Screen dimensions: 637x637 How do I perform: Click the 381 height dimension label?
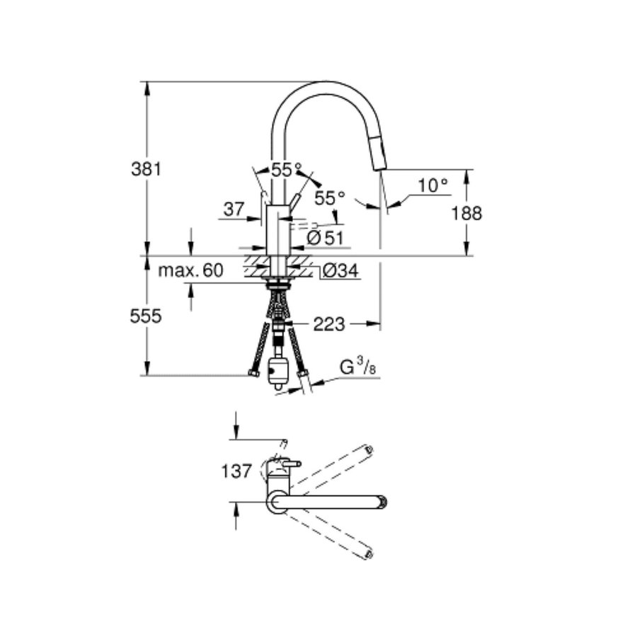147,169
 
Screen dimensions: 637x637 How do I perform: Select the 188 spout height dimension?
466,213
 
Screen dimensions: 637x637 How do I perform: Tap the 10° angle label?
432,185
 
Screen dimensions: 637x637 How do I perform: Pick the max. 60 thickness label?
190,270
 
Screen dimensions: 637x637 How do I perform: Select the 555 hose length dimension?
146,316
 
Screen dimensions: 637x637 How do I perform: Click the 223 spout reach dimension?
329,324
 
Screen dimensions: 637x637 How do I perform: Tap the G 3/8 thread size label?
357,368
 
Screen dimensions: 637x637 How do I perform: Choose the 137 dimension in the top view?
237,471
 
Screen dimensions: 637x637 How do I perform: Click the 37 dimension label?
233,209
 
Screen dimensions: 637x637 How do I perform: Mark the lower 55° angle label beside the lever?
329,198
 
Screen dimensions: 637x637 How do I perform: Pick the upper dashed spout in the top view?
333,466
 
